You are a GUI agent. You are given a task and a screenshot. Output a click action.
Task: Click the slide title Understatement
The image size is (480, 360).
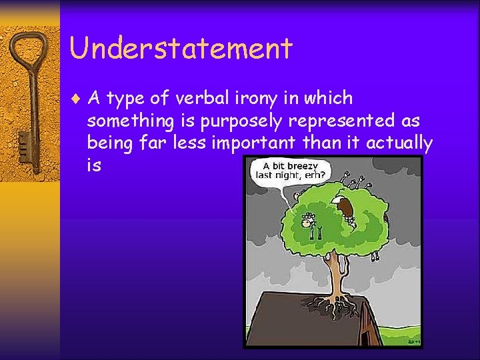coord(181,49)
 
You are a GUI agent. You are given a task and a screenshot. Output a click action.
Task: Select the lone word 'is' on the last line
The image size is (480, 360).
coord(94,165)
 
